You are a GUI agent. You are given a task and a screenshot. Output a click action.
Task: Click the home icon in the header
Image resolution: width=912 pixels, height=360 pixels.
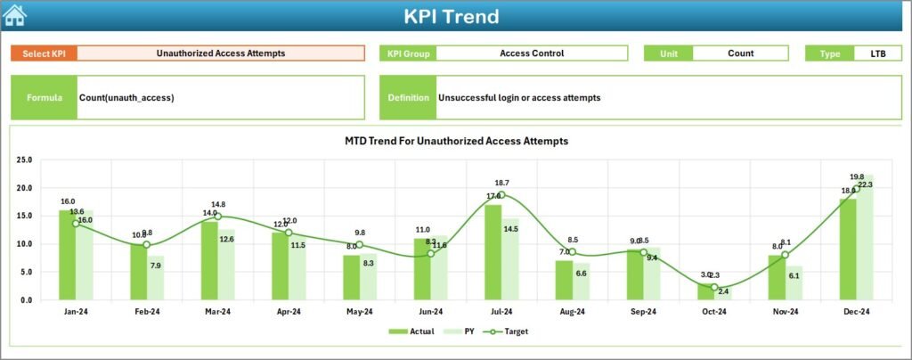pyautogui.click(x=14, y=15)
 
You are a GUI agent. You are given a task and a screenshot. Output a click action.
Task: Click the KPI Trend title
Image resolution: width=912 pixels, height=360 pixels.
pyautogui.click(x=451, y=16)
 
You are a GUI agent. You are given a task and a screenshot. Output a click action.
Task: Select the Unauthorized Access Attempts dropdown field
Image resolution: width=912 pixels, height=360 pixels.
pyautogui.click(x=221, y=53)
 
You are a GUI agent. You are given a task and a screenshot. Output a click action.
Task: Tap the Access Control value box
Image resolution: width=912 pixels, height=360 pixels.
pyautogui.click(x=532, y=53)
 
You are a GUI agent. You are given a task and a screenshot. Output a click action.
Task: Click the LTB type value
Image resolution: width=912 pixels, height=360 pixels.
pyautogui.click(x=878, y=53)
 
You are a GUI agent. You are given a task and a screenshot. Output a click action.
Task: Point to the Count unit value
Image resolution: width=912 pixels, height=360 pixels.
pyautogui.click(x=740, y=53)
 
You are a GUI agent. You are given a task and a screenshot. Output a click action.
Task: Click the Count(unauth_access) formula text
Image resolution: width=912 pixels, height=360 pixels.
pyautogui.click(x=126, y=97)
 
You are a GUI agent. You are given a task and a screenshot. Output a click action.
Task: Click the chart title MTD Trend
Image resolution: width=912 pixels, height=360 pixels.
pyautogui.click(x=456, y=141)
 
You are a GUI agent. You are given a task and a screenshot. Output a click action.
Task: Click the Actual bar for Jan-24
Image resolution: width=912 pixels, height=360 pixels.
pyautogui.click(x=67, y=255)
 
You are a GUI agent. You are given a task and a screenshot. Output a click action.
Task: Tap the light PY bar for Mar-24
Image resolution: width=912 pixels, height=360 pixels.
pyautogui.click(x=226, y=265)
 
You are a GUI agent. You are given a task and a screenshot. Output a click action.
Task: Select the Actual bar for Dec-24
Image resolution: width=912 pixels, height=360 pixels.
pyautogui.click(x=847, y=249)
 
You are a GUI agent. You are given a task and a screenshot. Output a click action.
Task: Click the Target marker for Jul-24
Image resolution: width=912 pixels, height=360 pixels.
pyautogui.click(x=501, y=195)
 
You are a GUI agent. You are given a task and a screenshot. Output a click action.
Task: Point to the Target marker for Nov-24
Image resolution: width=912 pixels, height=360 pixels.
pyautogui.click(x=785, y=255)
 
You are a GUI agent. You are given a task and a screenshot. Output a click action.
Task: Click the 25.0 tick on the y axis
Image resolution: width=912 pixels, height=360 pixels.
pyautogui.click(x=24, y=160)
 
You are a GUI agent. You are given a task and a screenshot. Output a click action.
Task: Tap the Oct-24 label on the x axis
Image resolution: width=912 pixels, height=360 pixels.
pyautogui.click(x=714, y=312)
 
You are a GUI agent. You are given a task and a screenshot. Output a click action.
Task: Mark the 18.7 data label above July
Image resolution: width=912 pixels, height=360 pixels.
pyautogui.click(x=502, y=183)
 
